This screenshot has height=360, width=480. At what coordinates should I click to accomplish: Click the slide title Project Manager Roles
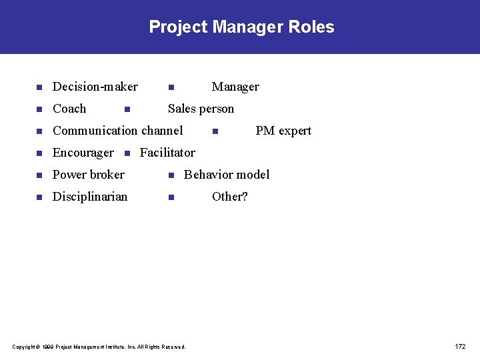click(241, 27)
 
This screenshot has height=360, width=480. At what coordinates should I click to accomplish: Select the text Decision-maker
click(95, 87)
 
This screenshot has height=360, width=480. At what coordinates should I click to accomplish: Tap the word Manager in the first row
click(235, 87)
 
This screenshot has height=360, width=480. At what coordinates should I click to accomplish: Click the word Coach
click(69, 109)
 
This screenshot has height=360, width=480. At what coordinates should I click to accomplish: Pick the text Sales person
click(201, 109)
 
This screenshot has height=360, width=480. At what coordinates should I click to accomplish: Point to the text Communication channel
click(117, 131)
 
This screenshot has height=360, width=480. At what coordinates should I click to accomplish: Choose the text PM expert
click(283, 131)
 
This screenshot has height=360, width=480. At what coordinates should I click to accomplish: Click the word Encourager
click(83, 153)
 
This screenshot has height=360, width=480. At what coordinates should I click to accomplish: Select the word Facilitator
click(167, 153)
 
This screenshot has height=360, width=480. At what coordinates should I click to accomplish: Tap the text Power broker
click(88, 175)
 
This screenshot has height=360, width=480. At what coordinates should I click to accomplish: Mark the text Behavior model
click(227, 175)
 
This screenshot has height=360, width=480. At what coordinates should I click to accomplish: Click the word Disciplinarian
click(90, 197)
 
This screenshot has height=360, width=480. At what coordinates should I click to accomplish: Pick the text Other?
click(229, 197)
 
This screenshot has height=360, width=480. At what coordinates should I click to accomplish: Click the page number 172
click(460, 347)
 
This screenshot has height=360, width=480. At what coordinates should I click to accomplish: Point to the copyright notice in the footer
click(99, 347)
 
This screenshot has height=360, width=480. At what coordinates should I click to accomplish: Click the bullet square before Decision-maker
click(39, 87)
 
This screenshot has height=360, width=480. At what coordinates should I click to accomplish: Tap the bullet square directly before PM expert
click(214, 131)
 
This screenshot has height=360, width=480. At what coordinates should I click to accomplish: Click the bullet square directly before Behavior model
click(171, 175)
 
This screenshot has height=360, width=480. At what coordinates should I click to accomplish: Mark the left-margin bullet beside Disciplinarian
click(39, 197)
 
